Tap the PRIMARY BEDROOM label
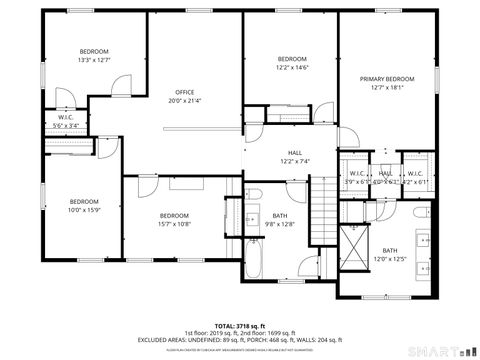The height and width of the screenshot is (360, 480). (387, 78)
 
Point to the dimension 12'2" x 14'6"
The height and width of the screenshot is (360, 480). (291, 67)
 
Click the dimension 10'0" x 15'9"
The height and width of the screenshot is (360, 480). (84, 209)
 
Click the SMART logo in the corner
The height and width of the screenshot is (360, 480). (441, 350)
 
